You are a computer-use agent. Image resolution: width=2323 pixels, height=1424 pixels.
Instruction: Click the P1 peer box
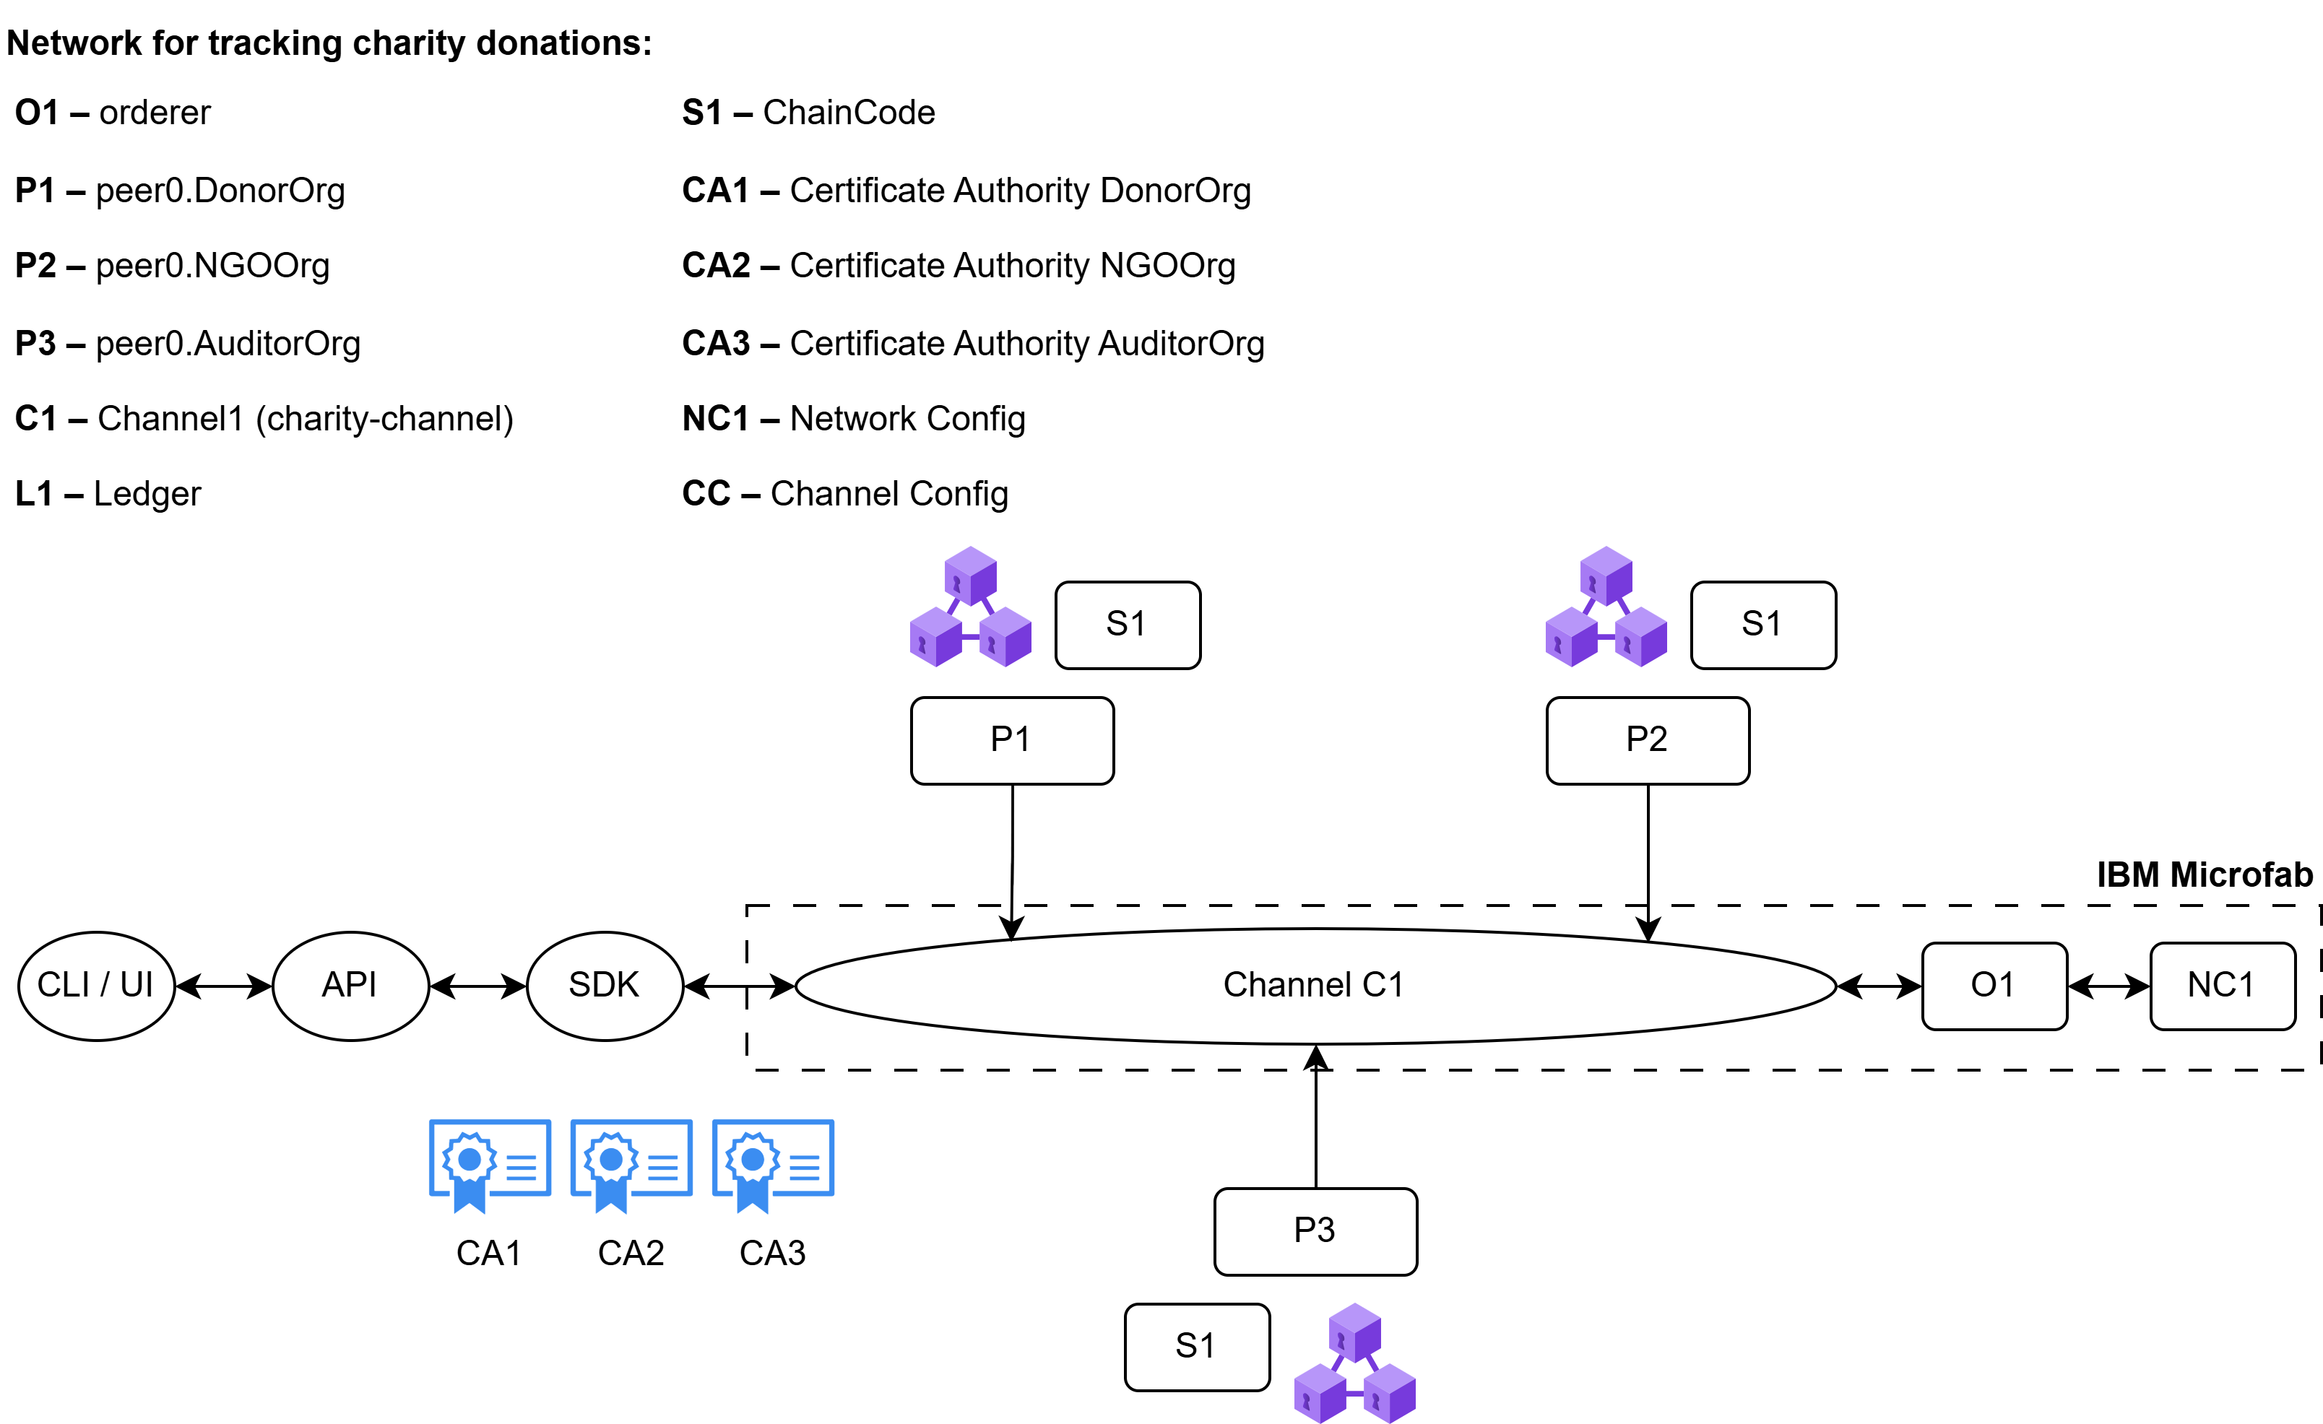click(x=1011, y=741)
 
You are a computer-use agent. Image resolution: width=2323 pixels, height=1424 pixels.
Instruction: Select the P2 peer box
click(x=1647, y=741)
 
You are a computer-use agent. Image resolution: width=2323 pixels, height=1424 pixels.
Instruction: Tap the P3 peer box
click(x=1315, y=1230)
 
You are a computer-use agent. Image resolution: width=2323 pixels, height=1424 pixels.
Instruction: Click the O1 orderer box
click(x=1994, y=986)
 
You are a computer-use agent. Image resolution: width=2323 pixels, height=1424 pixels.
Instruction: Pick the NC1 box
click(x=2222, y=986)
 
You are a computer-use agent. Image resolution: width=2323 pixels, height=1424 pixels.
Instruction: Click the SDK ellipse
click(x=605, y=986)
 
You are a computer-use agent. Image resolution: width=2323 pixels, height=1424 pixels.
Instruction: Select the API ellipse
click(x=350, y=986)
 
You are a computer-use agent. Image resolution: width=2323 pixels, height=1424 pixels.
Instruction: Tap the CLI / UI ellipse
click(x=96, y=986)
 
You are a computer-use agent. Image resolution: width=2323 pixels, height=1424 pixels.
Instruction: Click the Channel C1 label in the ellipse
click(x=1313, y=986)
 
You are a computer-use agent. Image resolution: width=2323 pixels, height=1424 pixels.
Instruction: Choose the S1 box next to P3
click(x=1196, y=1347)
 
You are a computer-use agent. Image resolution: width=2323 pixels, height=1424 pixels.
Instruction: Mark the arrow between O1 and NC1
click(x=2109, y=986)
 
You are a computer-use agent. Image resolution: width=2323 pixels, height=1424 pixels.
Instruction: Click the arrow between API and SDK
click(x=478, y=986)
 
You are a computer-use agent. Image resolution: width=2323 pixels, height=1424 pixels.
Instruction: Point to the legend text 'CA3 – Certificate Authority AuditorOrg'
click(x=972, y=344)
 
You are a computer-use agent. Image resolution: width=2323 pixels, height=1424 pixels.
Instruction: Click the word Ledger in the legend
click(x=147, y=494)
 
